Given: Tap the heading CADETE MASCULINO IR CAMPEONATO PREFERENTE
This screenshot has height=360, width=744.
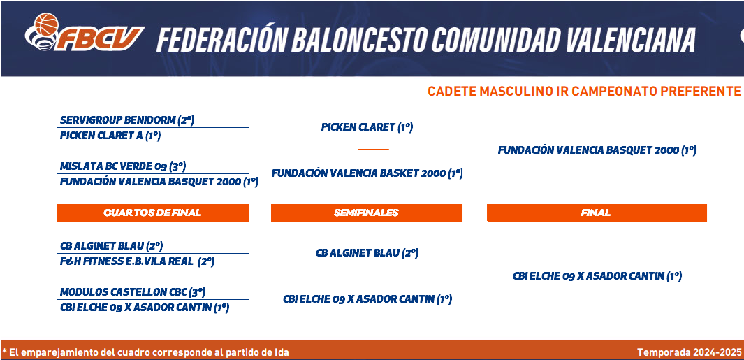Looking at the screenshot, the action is pyautogui.click(x=583, y=91).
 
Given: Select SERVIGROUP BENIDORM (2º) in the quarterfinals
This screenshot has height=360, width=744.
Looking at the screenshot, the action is pyautogui.click(x=127, y=120).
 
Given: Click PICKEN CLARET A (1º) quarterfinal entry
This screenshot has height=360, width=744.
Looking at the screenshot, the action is pyautogui.click(x=110, y=136).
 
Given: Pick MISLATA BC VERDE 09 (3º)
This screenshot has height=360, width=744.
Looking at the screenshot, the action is pyautogui.click(x=123, y=166).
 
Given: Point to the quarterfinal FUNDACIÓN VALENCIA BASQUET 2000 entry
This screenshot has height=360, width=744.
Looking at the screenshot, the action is pyautogui.click(x=159, y=182).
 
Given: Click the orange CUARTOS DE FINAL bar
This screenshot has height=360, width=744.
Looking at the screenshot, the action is pyautogui.click(x=153, y=213).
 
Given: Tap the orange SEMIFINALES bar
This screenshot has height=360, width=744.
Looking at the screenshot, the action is pyautogui.click(x=366, y=213).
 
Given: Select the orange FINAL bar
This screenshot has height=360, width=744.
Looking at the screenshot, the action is pyautogui.click(x=597, y=213).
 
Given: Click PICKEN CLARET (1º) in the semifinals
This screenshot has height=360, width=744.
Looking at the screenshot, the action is pyautogui.click(x=367, y=127).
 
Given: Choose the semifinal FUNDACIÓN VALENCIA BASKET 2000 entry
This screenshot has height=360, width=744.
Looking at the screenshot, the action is pyautogui.click(x=367, y=173).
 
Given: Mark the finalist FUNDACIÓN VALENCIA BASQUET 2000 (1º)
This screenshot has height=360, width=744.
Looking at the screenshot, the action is pyautogui.click(x=597, y=150).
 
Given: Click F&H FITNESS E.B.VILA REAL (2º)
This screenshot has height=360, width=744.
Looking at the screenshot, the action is pyautogui.click(x=137, y=261).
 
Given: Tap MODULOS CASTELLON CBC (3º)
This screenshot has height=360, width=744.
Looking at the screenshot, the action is pyautogui.click(x=133, y=291).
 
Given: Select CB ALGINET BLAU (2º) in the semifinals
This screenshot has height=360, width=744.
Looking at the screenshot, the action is pyautogui.click(x=367, y=253).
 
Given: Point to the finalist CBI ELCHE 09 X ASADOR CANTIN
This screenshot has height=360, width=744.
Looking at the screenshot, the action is pyautogui.click(x=597, y=276).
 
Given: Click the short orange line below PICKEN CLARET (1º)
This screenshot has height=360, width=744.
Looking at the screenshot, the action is pyautogui.click(x=373, y=149).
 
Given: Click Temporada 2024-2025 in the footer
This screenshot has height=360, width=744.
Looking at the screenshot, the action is pyautogui.click(x=689, y=352).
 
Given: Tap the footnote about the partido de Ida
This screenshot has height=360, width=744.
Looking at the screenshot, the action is pyautogui.click(x=146, y=352).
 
